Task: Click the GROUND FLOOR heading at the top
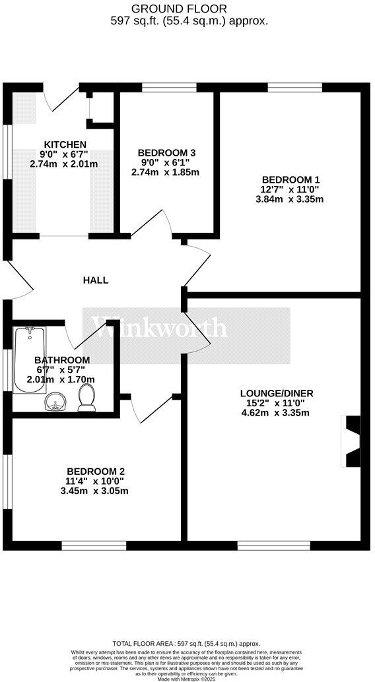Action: [x=188, y=9]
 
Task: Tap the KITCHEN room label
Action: [x=64, y=144]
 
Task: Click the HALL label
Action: [x=95, y=280]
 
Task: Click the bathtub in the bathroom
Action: [x=28, y=359]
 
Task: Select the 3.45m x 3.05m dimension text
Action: [x=94, y=491]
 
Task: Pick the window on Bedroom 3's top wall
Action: [x=169, y=86]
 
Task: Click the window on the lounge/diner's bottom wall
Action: [x=263, y=545]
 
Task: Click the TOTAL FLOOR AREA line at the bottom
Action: [x=187, y=643]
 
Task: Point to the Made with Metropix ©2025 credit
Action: [x=187, y=677]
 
